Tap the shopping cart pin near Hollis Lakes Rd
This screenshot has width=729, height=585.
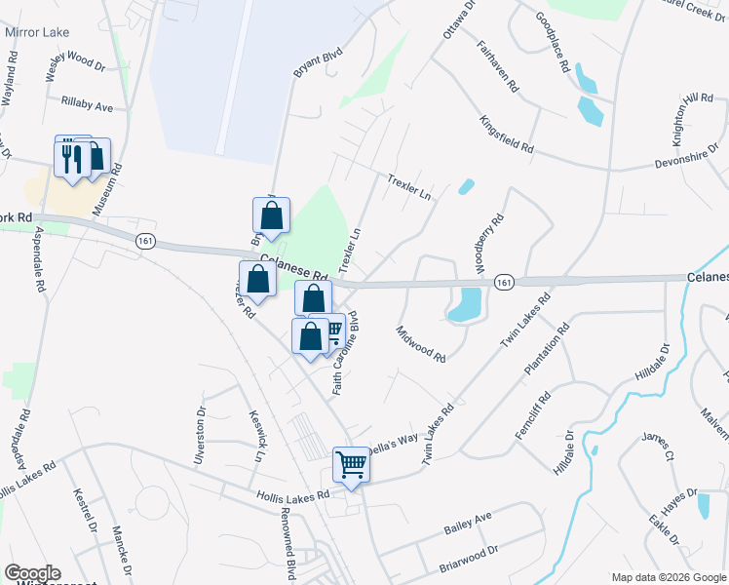351,464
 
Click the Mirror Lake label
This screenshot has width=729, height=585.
37,32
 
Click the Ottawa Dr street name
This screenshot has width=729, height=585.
459,19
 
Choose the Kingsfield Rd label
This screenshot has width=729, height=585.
507,135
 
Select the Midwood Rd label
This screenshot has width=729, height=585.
421,343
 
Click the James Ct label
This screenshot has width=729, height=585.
657,451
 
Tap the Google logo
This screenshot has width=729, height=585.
32,573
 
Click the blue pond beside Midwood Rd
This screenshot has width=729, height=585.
466,305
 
